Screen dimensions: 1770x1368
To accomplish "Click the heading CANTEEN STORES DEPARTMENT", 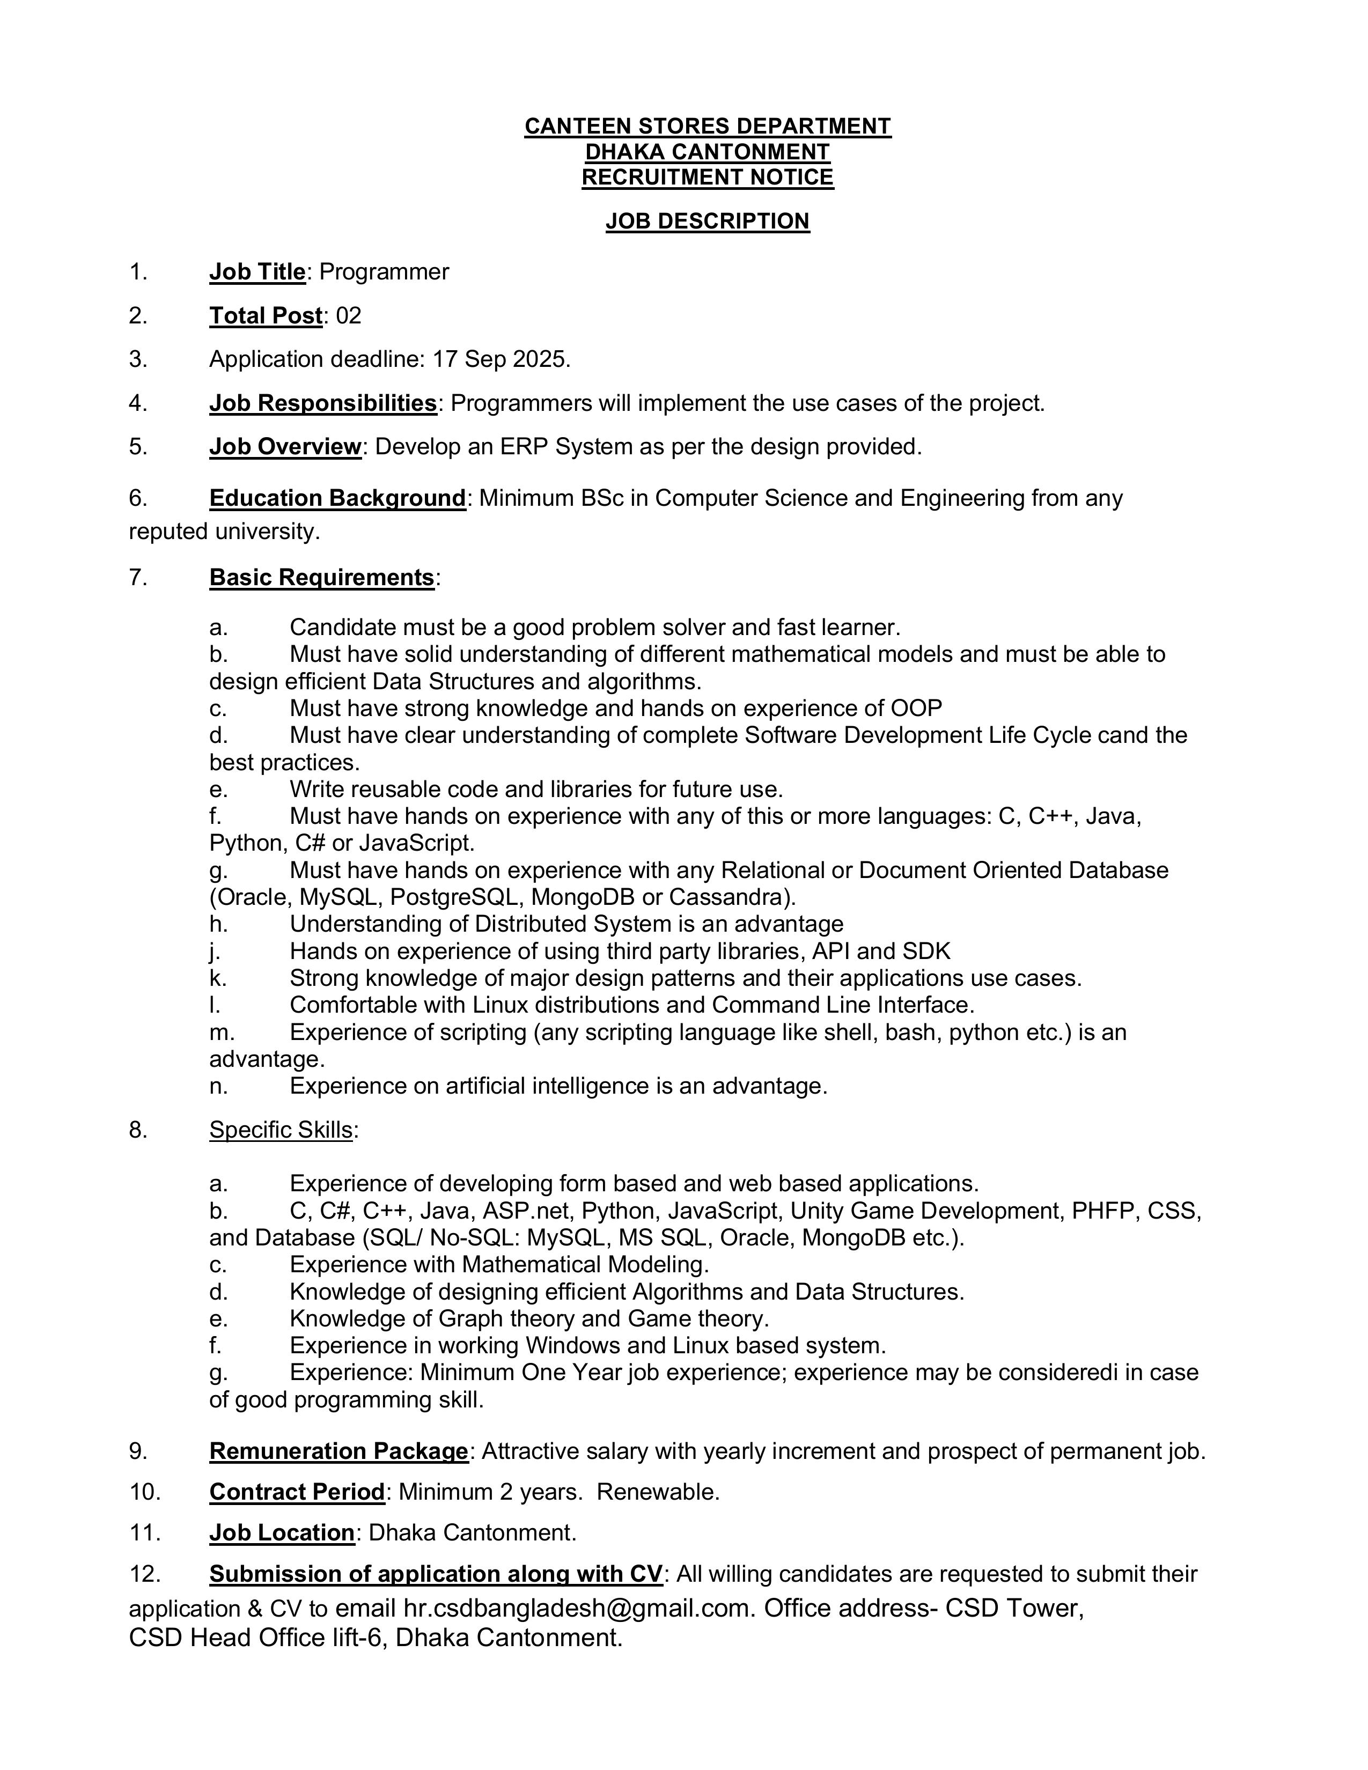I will [708, 127].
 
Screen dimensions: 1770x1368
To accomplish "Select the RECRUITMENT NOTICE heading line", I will [708, 178].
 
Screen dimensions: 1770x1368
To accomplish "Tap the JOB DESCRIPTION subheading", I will [708, 221].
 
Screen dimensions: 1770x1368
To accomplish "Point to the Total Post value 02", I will [349, 316].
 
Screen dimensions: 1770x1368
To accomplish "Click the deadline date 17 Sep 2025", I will [501, 359].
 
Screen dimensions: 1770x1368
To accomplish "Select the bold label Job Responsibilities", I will [322, 403].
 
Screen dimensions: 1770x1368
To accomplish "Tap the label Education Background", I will [337, 498].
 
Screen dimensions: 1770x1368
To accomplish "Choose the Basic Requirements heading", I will [322, 577].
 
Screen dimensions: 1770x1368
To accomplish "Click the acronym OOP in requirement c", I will [917, 709].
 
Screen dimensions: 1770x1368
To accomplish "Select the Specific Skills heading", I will [281, 1130].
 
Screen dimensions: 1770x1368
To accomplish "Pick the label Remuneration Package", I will [339, 1451].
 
